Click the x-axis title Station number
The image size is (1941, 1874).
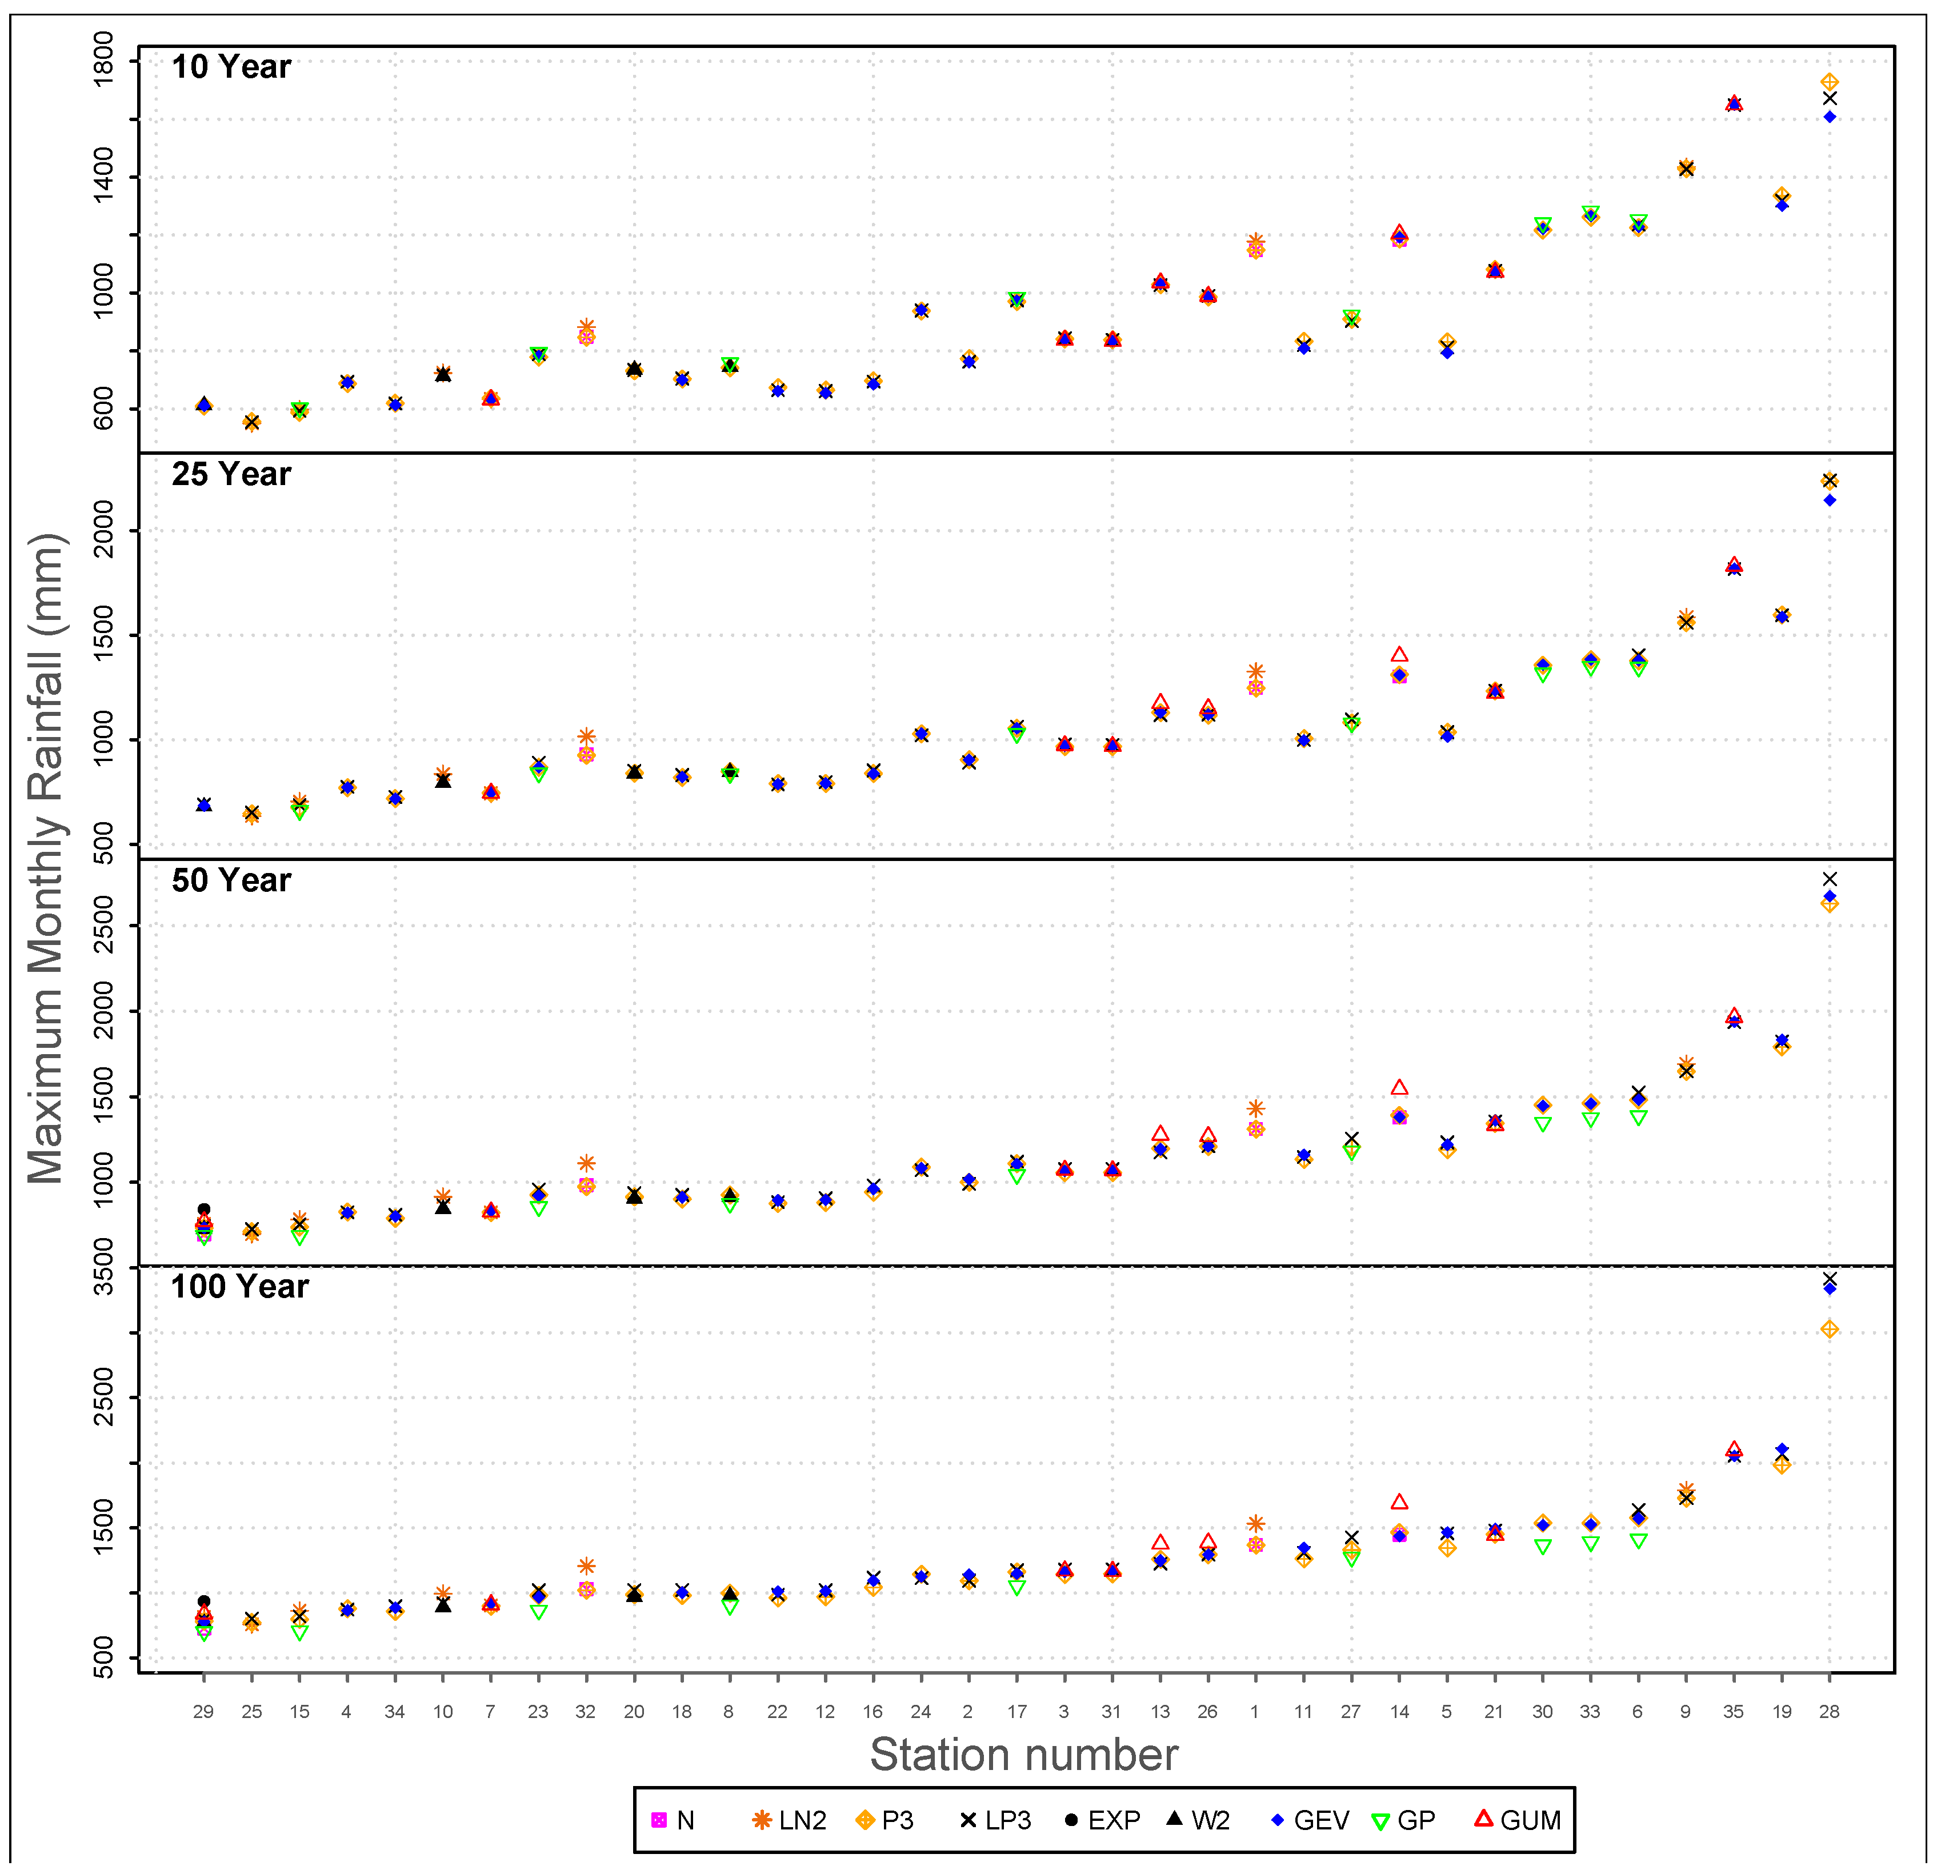(x=1023, y=1755)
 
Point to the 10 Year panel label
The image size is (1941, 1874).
(x=231, y=67)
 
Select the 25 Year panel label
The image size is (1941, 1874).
(x=231, y=474)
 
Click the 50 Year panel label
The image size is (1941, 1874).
(x=231, y=880)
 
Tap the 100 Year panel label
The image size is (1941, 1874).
(x=239, y=1287)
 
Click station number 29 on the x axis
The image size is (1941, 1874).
(x=203, y=1712)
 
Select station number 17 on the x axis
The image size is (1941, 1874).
(x=1016, y=1712)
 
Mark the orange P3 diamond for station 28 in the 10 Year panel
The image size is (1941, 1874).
(x=1829, y=82)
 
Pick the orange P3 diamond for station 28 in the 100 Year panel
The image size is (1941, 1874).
(x=1829, y=1330)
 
